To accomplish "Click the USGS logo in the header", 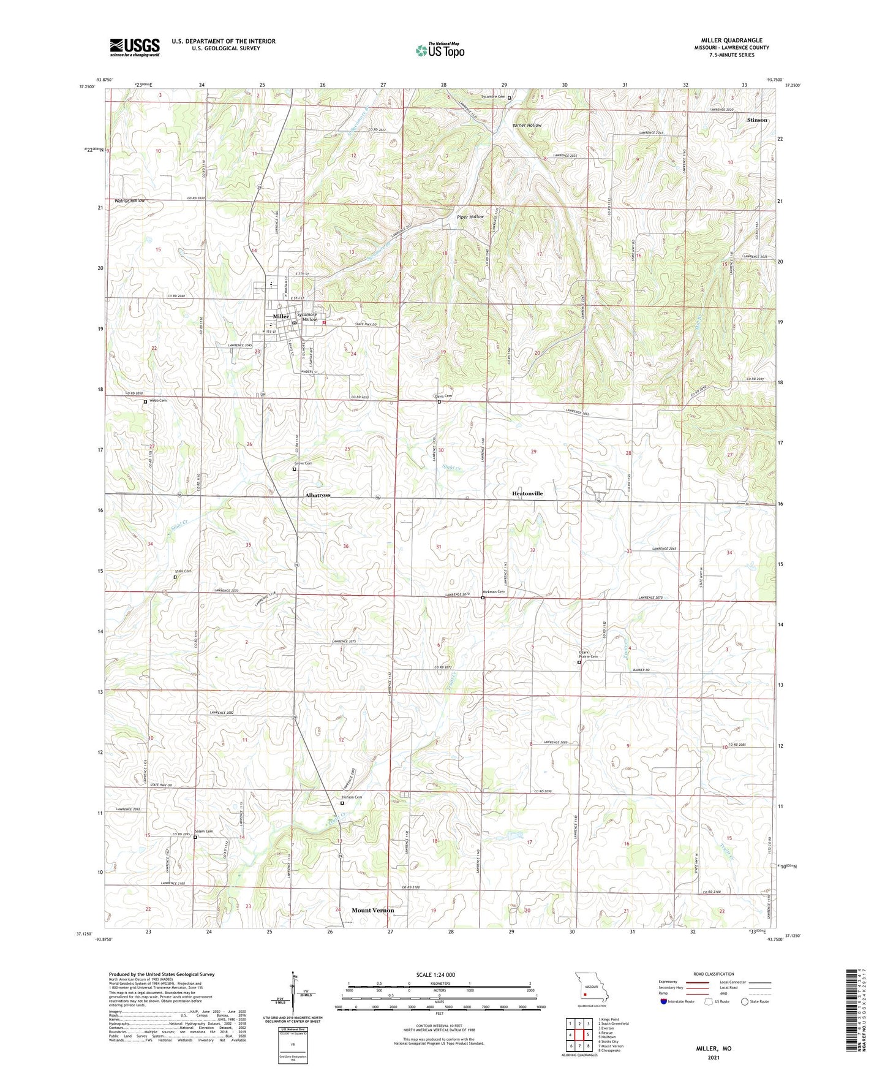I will pos(135,47).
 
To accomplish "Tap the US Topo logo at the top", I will pos(440,50).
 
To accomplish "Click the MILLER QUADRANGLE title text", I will pos(731,40).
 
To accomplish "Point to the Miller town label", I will pos(281,316).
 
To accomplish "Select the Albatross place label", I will pos(318,495).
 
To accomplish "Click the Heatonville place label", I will pos(527,493).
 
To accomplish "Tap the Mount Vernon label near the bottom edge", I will pos(372,910).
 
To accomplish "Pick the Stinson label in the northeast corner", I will pos(757,120).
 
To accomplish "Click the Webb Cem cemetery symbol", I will pos(145,402).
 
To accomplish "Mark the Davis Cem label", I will pos(443,397).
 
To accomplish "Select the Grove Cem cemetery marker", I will pos(295,469).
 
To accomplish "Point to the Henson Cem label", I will pos(352,797).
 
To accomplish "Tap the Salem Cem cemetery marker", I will pos(195,838).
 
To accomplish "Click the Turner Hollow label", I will pos(527,125).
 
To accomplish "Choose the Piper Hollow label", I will pos(470,216).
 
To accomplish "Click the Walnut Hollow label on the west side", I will pos(130,200).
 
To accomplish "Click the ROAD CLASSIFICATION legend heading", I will pos(714,974).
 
